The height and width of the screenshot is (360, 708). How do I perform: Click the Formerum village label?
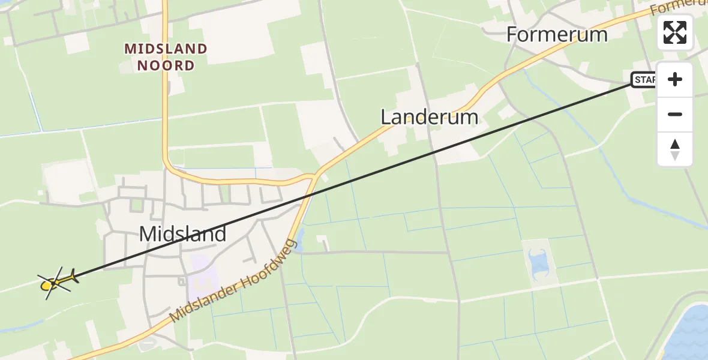(557, 34)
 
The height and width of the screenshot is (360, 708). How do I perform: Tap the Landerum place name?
(430, 116)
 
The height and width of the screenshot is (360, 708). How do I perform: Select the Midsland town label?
(182, 233)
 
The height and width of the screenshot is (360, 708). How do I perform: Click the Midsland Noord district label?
(166, 57)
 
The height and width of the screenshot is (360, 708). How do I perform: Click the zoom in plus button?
(675, 79)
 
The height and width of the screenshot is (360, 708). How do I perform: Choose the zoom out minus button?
(675, 114)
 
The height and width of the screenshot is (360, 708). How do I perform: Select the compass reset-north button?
(675, 149)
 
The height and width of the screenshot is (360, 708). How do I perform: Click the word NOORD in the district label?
(166, 65)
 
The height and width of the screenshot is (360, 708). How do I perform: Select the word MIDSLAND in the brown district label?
(166, 49)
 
